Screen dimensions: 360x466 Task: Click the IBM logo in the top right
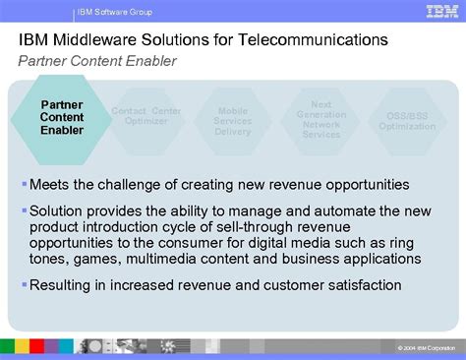click(x=440, y=11)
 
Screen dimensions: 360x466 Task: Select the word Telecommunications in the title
click(x=314, y=40)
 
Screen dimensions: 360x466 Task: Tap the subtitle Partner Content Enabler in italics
click(x=97, y=60)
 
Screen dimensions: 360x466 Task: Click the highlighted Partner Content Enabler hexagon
click(x=62, y=117)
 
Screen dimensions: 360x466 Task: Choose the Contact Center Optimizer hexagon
click(x=146, y=118)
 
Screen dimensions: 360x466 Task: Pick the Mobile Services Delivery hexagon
click(x=233, y=119)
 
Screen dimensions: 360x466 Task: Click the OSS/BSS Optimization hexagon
click(x=406, y=120)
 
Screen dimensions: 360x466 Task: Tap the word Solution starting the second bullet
click(x=57, y=210)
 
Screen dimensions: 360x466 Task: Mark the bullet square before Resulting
click(x=24, y=285)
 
